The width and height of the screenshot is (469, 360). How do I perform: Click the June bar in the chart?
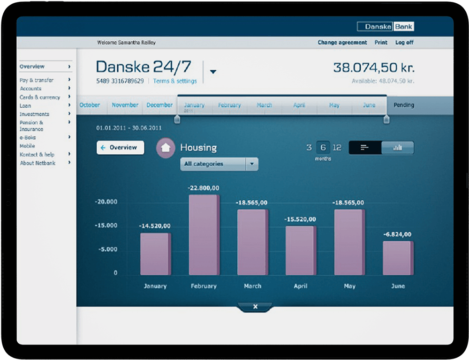[398, 258]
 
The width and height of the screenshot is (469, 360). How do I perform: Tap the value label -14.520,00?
[155, 226]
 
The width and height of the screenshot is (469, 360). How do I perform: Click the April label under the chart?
[300, 286]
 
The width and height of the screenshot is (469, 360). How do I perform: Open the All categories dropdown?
[219, 164]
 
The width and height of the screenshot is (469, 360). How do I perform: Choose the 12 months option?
[337, 148]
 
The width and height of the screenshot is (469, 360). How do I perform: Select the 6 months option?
[323, 148]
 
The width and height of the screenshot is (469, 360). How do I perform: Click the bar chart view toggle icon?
[398, 148]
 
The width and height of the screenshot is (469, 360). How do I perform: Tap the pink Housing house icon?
[165, 148]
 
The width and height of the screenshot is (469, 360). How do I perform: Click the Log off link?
[404, 43]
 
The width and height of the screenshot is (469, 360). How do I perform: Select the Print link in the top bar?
[381, 43]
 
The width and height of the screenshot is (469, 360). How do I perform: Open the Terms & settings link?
[175, 81]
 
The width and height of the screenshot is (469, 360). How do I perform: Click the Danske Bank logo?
[386, 27]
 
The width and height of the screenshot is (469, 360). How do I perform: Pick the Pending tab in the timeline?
[404, 105]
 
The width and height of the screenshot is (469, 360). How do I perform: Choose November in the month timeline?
[125, 105]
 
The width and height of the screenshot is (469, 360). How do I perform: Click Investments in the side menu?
[34, 114]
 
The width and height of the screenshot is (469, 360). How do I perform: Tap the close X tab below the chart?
[255, 307]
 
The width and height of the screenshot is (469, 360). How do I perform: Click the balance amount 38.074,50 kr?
[374, 67]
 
